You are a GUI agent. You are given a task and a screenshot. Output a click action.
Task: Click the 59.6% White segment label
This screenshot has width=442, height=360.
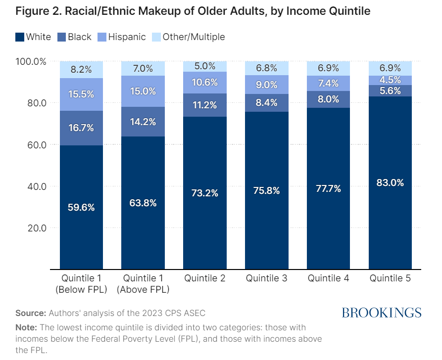(x=81, y=207)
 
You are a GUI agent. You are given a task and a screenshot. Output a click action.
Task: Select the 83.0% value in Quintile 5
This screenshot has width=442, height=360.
(x=390, y=182)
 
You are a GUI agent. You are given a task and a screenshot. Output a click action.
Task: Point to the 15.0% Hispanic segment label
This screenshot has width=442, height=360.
(x=143, y=91)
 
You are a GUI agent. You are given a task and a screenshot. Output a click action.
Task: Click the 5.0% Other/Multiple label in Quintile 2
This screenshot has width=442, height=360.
(x=205, y=66)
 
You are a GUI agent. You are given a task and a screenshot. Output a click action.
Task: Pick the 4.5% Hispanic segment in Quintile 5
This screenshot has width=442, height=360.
(x=390, y=80)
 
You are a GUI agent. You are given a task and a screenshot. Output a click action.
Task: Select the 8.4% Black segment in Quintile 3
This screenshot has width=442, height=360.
(x=267, y=103)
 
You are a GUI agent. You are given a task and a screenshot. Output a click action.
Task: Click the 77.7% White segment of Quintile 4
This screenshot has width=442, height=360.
(x=328, y=188)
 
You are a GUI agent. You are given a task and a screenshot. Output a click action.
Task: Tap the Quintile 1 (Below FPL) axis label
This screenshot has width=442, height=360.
(x=81, y=284)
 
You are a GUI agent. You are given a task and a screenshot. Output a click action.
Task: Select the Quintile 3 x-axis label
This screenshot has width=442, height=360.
(x=267, y=278)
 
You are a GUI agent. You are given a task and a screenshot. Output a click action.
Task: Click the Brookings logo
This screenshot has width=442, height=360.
(x=381, y=313)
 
